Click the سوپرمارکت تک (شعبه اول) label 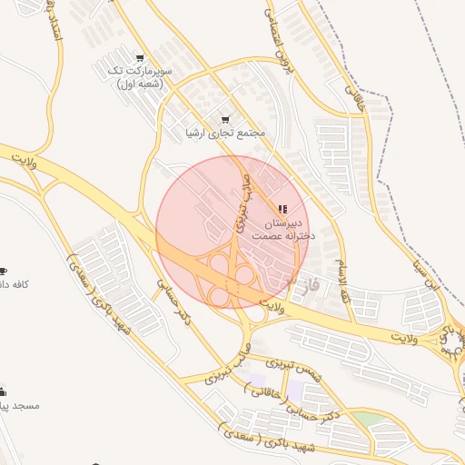[x=138, y=76]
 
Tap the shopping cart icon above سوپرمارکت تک [x=139, y=56]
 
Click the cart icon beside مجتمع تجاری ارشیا [x=225, y=119]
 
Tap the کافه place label [x=16, y=284]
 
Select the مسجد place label [x=18, y=405]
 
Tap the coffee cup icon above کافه [x=3, y=271]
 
